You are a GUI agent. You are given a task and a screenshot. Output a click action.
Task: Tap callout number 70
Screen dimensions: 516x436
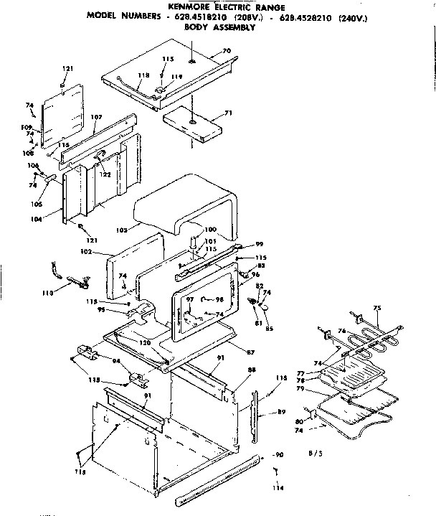(227, 52)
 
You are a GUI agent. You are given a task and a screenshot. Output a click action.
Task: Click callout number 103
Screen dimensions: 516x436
(121, 230)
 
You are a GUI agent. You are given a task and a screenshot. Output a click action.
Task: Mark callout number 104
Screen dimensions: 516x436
(51, 217)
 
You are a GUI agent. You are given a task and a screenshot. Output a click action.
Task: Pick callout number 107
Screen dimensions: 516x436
(96, 117)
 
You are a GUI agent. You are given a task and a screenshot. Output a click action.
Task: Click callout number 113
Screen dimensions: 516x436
(49, 293)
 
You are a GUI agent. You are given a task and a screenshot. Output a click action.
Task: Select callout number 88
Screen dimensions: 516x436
(252, 370)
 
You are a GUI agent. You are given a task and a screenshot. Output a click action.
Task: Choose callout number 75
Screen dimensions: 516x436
(377, 308)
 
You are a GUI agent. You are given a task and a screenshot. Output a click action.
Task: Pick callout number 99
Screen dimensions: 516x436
(260, 244)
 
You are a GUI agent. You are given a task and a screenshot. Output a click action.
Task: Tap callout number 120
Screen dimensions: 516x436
(146, 344)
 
